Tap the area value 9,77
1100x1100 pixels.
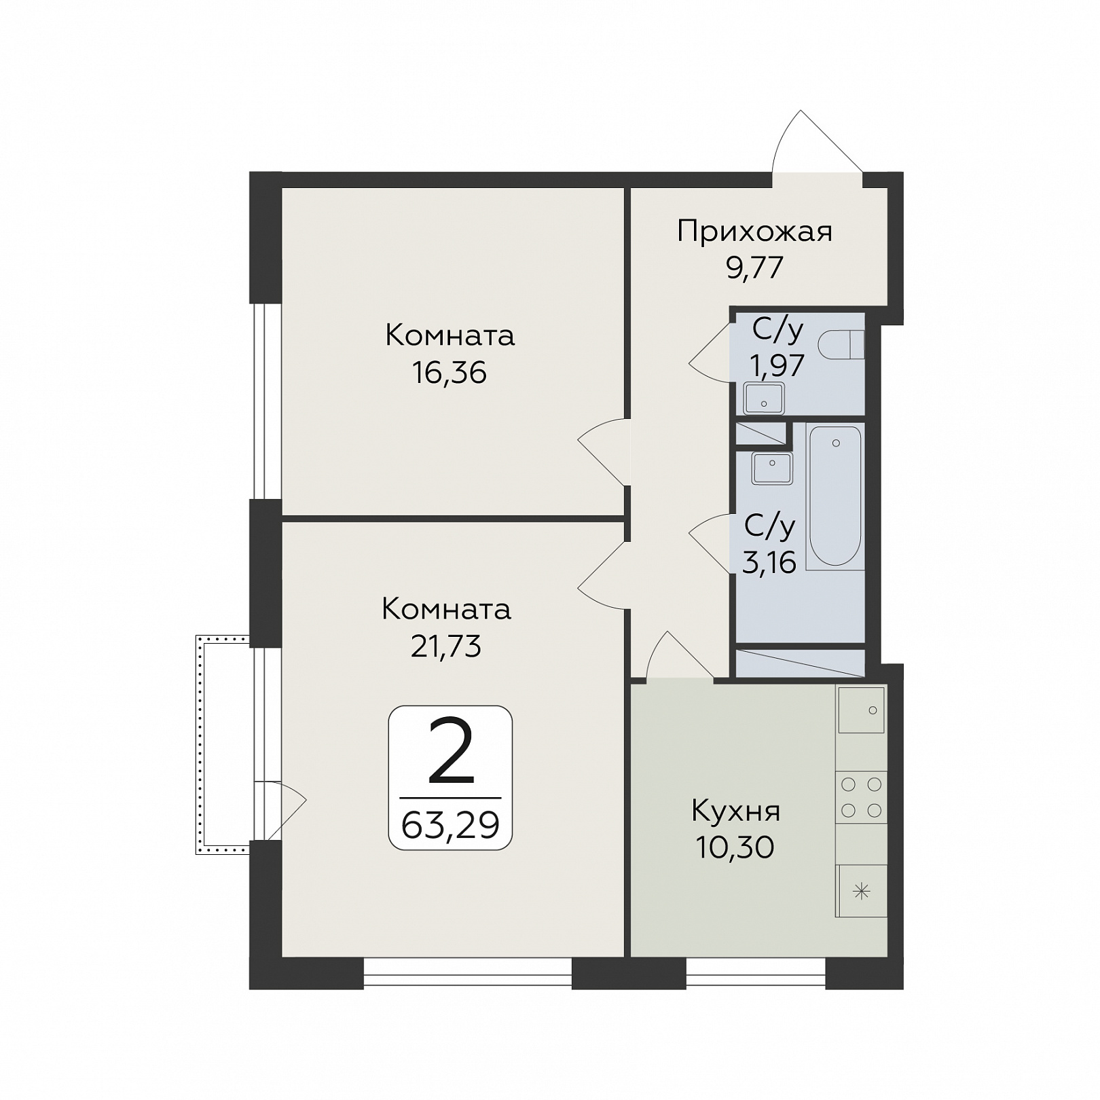click(x=755, y=268)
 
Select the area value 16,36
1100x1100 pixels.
click(x=450, y=372)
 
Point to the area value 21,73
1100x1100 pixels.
click(x=446, y=646)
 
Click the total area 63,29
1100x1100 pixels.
click(x=450, y=825)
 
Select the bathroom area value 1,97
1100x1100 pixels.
click(x=777, y=365)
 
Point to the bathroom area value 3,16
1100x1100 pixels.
click(x=769, y=563)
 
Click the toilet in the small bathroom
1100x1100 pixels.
click(x=841, y=344)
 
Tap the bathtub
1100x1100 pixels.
click(x=835, y=496)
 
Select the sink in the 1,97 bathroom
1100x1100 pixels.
click(x=764, y=399)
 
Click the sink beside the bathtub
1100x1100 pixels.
click(x=772, y=469)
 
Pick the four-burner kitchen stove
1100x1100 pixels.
click(x=861, y=797)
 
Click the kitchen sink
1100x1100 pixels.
click(x=862, y=710)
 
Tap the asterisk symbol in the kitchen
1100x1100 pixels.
click(x=861, y=891)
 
